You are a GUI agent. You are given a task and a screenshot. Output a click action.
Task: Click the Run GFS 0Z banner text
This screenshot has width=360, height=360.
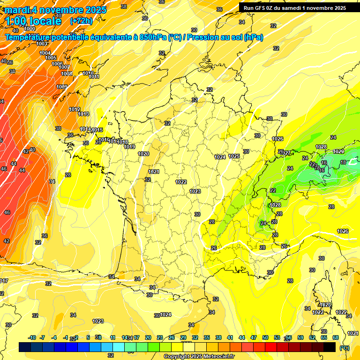point(295,7)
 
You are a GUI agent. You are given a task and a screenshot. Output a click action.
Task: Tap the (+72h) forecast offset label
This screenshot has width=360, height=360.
point(81,21)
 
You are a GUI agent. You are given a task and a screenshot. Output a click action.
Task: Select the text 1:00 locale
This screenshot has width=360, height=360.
point(34,21)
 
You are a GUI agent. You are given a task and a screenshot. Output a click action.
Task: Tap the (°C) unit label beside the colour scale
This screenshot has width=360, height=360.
point(344,348)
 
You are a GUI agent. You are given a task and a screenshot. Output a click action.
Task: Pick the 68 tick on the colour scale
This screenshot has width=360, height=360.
point(336,337)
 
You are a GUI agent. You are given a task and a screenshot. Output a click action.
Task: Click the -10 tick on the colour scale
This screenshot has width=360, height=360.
point(32,337)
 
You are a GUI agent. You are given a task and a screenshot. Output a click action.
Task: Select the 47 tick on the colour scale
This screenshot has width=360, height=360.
point(254,337)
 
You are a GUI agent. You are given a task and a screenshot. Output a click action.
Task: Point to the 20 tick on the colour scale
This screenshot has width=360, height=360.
point(148,337)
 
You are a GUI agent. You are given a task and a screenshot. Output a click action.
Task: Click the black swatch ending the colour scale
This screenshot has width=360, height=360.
point(330,347)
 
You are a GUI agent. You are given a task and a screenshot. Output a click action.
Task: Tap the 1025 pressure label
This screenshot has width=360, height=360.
point(234,156)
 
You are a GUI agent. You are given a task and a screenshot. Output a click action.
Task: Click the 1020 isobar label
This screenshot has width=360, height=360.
point(144,154)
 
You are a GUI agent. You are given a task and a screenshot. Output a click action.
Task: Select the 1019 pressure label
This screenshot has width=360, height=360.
point(130,147)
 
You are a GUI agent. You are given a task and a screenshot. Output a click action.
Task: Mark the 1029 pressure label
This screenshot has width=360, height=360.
point(338,151)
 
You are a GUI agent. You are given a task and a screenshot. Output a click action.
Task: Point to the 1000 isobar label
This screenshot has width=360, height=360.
point(30,29)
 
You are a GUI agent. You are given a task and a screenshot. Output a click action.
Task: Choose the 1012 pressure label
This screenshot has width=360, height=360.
point(75,109)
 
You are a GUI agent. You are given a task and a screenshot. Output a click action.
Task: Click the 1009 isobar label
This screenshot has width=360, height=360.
point(62,87)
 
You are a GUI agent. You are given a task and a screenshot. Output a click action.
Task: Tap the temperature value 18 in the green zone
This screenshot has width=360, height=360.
point(343,162)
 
